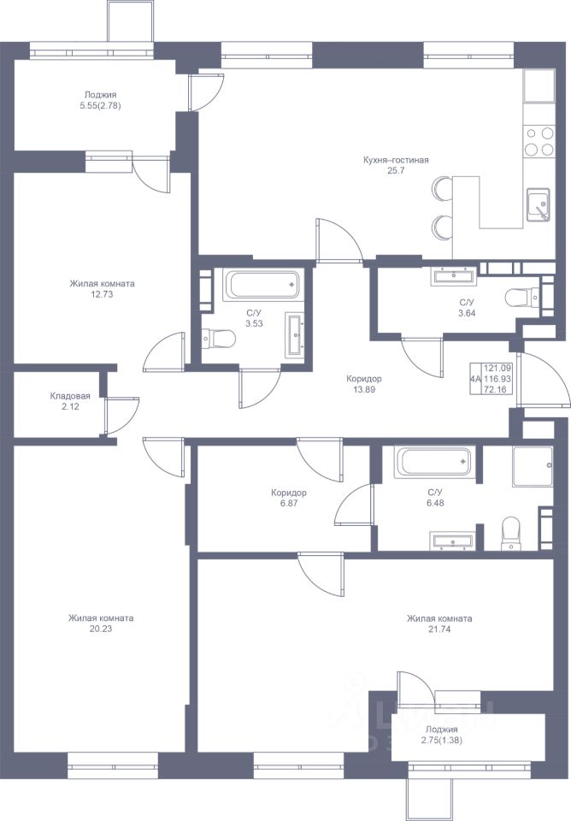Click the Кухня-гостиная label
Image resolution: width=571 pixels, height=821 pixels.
click(396, 160)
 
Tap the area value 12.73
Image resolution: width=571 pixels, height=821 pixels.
click(102, 294)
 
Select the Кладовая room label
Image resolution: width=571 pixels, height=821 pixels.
click(70, 396)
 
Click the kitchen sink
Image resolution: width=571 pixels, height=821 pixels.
click(538, 204)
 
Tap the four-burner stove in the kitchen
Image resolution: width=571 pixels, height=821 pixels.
click(539, 141)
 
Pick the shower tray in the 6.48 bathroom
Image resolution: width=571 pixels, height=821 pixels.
click(533, 466)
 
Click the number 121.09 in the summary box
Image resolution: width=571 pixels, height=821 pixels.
click(497, 368)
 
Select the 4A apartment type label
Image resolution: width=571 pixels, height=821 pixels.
click(476, 379)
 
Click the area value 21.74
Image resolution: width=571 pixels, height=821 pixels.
click(439, 629)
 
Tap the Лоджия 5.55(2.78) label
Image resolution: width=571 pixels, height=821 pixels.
click(101, 100)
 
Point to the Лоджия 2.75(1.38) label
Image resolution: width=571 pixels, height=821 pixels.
click(441, 735)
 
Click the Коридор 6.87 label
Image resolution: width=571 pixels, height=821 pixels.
click(289, 498)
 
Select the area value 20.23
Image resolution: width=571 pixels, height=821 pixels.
click(101, 629)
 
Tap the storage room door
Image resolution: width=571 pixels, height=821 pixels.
click(121, 416)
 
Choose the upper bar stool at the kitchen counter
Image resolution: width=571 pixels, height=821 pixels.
click(442, 188)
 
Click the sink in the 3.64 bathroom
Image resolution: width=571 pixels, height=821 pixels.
click(454, 276)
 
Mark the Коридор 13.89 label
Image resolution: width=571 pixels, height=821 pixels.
click(364, 384)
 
